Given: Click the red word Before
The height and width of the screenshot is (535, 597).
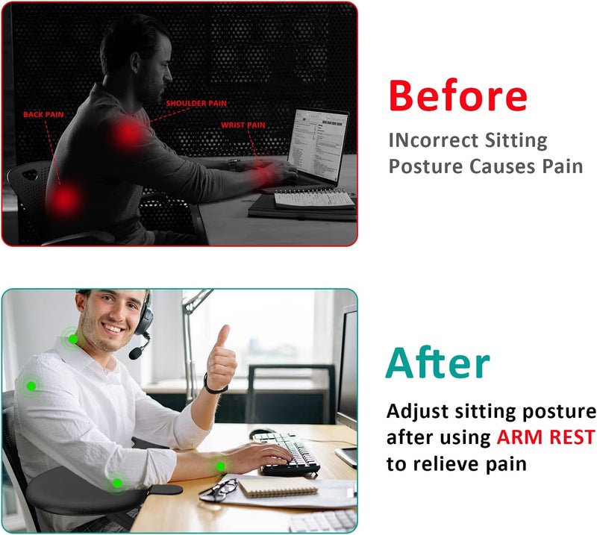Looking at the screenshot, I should (x=457, y=96).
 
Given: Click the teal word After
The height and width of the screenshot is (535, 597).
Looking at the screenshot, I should (x=438, y=363).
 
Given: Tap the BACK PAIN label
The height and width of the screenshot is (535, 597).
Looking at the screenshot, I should (x=43, y=115).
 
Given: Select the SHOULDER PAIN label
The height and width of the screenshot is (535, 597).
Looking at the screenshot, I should (x=196, y=103).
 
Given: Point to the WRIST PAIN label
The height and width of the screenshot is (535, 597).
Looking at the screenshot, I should (x=243, y=125).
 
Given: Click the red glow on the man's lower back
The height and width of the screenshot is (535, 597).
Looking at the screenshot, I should (x=66, y=198).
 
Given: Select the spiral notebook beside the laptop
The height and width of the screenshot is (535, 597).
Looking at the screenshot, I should (x=314, y=199).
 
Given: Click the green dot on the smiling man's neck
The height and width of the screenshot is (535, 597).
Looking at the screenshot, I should (x=72, y=339).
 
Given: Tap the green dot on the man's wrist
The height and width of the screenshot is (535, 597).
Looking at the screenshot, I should (x=220, y=466).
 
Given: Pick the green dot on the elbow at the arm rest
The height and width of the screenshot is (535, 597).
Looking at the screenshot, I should (x=116, y=483).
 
